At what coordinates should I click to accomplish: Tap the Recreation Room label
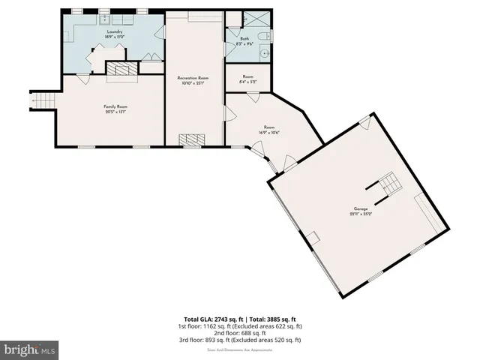click(193, 78)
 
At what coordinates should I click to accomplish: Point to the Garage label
click(361, 209)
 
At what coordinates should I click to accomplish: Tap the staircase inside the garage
click(388, 184)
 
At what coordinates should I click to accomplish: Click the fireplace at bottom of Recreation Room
click(193, 139)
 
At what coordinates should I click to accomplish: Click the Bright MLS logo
click(29, 349)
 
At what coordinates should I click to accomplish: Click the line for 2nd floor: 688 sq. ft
click(240, 332)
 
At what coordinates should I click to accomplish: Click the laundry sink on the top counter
click(104, 19)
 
